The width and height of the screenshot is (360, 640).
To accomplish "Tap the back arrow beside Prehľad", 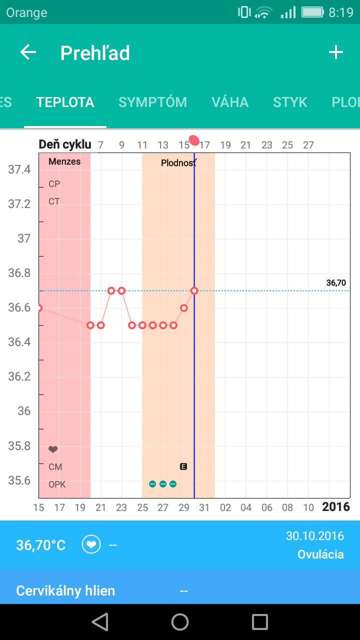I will point(28,52).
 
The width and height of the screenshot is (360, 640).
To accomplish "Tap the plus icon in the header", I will point(335,52).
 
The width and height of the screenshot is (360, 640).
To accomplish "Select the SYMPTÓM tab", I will point(152,102).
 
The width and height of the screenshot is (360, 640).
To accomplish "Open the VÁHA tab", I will point(230,102).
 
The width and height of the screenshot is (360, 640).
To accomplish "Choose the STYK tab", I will point(290,102).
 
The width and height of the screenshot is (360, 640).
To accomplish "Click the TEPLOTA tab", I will point(65,102).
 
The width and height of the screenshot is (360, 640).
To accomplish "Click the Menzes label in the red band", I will point(64,162).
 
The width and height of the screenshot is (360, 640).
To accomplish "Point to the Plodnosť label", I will point(178,163).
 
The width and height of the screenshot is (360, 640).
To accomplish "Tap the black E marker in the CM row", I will point(183,466).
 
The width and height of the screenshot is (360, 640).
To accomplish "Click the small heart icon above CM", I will point(53,449).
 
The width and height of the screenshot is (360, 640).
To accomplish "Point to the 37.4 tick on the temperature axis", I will point(19,169).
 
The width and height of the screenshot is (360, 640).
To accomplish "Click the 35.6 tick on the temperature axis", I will point(19,480).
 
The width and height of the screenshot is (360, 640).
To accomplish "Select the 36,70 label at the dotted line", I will point(336,283).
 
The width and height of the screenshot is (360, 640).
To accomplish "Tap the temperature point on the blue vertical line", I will point(194,290).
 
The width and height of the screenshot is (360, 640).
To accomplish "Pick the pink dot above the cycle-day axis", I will point(194,140).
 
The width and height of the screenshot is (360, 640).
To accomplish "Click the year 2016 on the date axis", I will point(336,507).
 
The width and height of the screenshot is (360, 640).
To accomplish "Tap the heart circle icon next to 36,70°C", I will point(91,544).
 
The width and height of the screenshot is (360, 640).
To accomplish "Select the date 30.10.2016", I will point(315,536).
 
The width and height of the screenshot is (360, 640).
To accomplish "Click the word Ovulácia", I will point(320,554).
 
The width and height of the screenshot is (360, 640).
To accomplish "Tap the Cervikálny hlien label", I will point(65,591).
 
